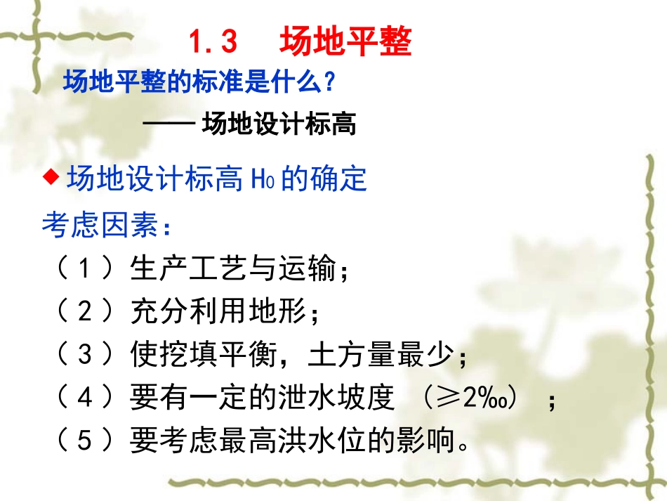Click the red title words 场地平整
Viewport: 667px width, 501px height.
[345, 41]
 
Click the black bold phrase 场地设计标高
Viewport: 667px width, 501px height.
[279, 124]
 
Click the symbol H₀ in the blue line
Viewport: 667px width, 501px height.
[261, 181]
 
